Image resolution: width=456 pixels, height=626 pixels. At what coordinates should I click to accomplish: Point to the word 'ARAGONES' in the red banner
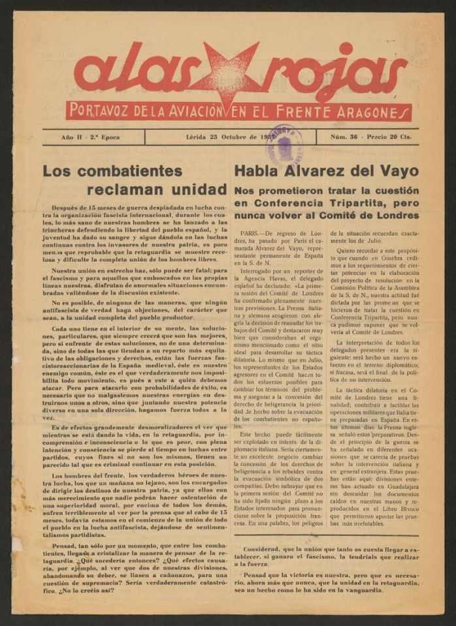point(369,112)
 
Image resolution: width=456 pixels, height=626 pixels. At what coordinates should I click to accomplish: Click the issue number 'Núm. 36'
point(346,138)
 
